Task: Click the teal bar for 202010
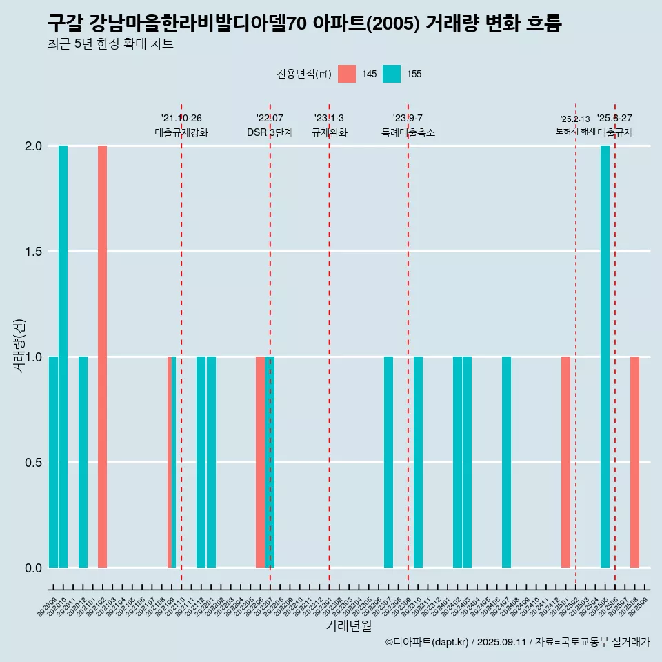click(x=63, y=357)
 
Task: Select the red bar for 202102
click(x=102, y=357)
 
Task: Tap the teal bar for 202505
click(x=605, y=357)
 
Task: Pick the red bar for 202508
click(x=634, y=462)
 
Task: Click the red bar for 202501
click(x=565, y=462)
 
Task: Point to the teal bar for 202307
click(x=388, y=462)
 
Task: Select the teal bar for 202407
click(x=506, y=462)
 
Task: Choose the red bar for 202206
click(x=260, y=462)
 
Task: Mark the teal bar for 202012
click(x=83, y=462)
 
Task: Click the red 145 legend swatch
click(x=347, y=74)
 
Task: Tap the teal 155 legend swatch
click(x=392, y=74)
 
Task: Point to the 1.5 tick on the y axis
click(x=33, y=252)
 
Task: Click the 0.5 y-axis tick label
click(x=33, y=463)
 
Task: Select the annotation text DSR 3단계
click(x=270, y=132)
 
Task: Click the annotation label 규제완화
click(x=329, y=132)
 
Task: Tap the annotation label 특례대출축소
click(x=408, y=132)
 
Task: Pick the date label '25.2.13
click(x=575, y=119)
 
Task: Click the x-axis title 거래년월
click(x=348, y=625)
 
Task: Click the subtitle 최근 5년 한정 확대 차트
click(x=110, y=44)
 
